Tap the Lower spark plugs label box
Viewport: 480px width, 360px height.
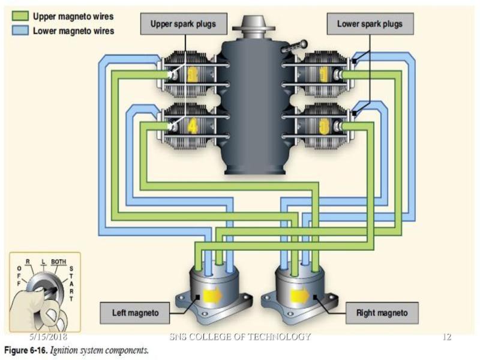coord(369,25)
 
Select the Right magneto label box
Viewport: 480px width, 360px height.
coord(382,313)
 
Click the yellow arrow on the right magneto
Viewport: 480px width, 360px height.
coord(299,295)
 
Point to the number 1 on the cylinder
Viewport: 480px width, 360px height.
coord(324,76)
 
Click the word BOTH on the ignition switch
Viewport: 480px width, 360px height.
coord(58,262)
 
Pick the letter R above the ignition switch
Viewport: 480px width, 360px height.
coord(28,262)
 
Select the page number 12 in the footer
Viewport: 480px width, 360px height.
coord(446,337)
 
